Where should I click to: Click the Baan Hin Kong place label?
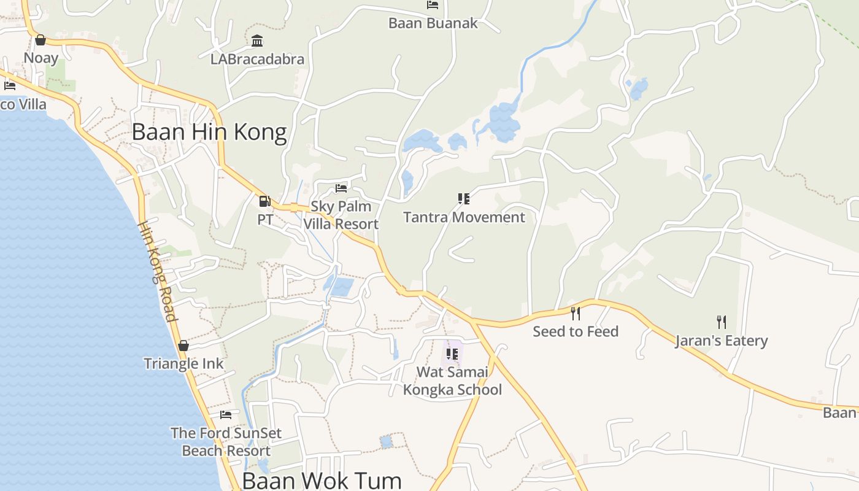point(209,133)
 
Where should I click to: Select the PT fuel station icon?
point(265,201)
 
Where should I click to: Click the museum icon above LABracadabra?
point(257,41)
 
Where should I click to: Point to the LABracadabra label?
point(257,60)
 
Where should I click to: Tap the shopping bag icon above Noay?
point(40,40)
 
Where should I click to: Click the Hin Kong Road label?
point(157,271)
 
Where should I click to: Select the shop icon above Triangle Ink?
point(183,346)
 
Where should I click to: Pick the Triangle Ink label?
point(183,363)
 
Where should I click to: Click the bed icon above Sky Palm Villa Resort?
point(341,188)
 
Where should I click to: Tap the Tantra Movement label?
point(464,217)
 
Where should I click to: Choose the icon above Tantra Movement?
point(464,199)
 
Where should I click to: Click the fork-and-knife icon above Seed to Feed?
point(576,314)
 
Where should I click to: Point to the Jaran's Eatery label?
point(722,341)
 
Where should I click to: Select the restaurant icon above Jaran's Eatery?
point(722,322)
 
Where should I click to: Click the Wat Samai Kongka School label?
point(452,381)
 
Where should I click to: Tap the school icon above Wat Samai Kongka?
point(452,354)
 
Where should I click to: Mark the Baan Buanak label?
point(433,23)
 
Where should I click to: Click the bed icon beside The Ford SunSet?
point(226,415)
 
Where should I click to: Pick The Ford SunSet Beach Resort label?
point(226,442)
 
